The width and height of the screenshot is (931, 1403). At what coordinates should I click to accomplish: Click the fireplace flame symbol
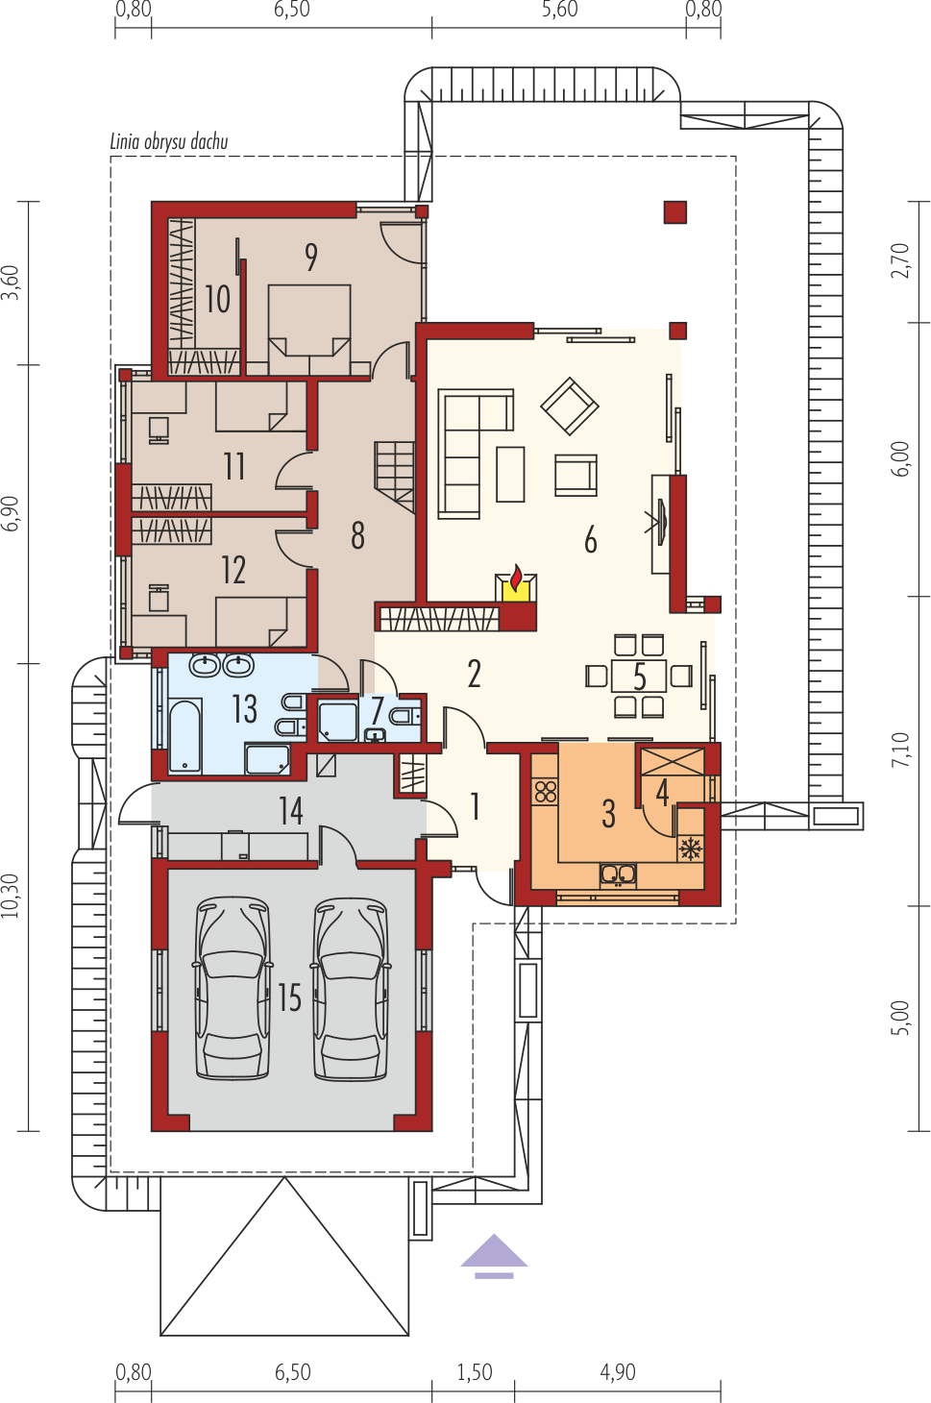[x=516, y=578]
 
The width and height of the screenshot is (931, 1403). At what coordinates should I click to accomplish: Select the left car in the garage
[x=233, y=990]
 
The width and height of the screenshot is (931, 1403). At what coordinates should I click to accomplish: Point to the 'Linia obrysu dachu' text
[x=169, y=142]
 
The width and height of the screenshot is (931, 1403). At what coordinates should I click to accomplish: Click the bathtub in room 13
[x=185, y=736]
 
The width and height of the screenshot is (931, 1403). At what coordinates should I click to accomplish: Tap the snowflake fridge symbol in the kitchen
[x=691, y=849]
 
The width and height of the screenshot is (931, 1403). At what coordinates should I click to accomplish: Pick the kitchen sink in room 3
[x=618, y=875]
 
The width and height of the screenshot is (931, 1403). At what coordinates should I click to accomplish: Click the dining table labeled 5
[x=639, y=676]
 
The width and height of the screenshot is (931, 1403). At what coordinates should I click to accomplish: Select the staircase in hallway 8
[x=395, y=476]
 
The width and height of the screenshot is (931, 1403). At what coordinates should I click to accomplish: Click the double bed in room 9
[x=309, y=329]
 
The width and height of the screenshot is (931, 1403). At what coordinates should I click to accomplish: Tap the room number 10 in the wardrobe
[x=218, y=299]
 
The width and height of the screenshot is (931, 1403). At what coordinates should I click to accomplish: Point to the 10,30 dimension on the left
[x=11, y=897]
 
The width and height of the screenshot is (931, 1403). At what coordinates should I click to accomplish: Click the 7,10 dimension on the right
[x=900, y=750]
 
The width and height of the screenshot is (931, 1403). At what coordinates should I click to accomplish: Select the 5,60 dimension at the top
[x=560, y=10]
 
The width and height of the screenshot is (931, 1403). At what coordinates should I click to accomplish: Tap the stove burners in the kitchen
[x=546, y=792]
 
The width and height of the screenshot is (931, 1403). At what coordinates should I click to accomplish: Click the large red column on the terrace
[x=675, y=212]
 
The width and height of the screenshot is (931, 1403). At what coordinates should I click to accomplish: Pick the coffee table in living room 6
[x=510, y=474]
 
